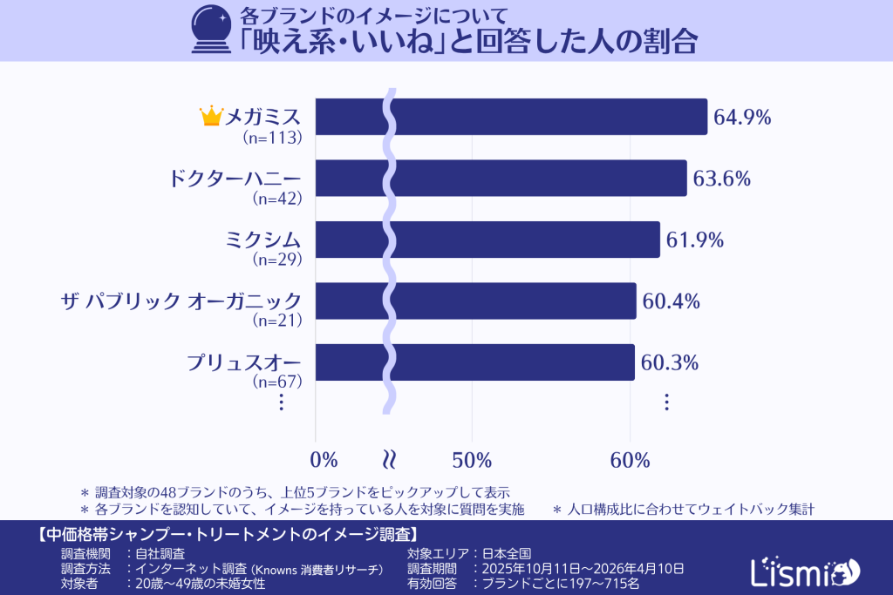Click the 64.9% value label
(x=742, y=118)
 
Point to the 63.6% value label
(x=722, y=179)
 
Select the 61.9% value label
(x=695, y=240)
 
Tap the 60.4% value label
(x=671, y=301)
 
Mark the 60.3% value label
(x=670, y=362)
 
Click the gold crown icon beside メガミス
(x=211, y=116)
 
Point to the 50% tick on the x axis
(x=472, y=460)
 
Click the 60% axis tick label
(x=630, y=460)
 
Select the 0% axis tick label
(x=324, y=460)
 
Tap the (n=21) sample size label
(x=276, y=320)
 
